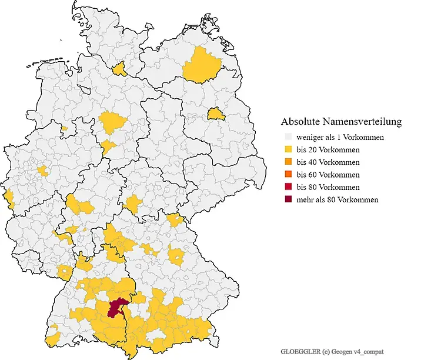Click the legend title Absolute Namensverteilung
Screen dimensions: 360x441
pyautogui.click(x=341, y=122)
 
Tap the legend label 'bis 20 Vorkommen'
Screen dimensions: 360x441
pyautogui.click(x=328, y=149)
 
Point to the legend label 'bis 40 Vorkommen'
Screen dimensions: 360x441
pyautogui.click(x=328, y=162)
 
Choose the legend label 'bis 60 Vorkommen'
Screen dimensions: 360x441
pyautogui.click(x=328, y=175)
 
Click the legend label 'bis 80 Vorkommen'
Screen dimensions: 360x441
pyautogui.click(x=328, y=187)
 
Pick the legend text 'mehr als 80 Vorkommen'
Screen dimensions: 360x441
pyautogui.click(x=337, y=199)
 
